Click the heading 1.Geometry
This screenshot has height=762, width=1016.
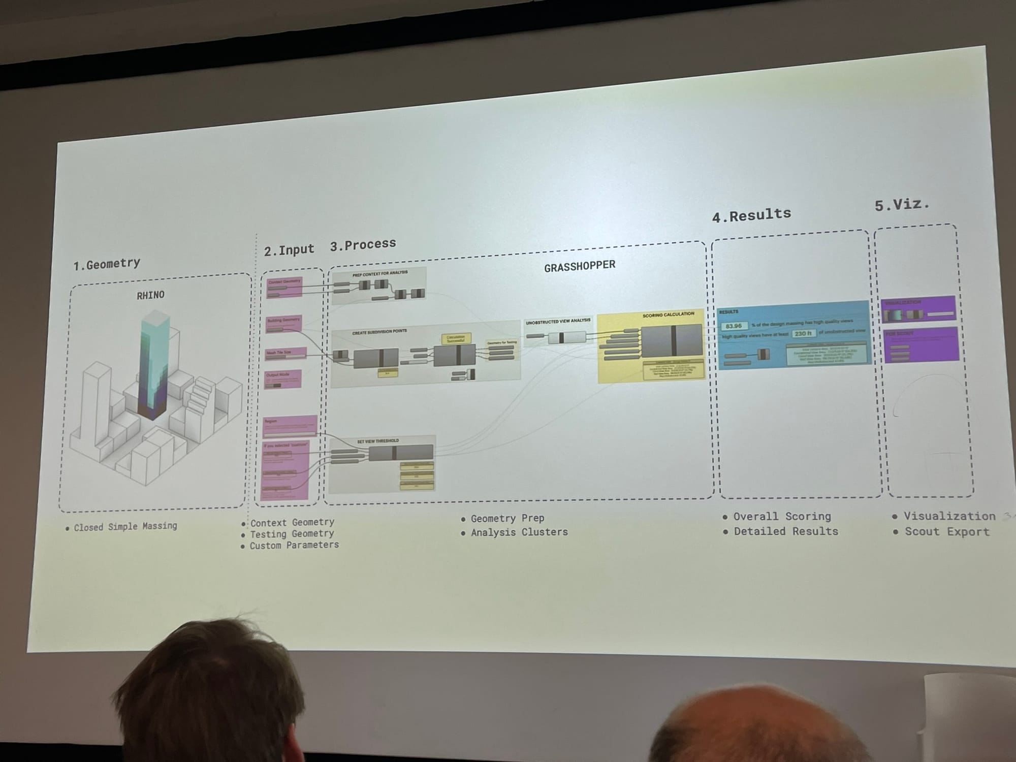(107, 264)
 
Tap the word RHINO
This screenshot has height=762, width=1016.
(150, 295)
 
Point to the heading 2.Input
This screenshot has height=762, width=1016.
(289, 250)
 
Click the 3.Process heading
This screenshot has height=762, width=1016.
(363, 245)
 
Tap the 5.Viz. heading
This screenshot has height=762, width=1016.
(902, 205)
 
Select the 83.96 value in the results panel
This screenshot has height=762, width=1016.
(734, 326)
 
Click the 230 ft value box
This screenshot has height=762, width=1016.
(803, 333)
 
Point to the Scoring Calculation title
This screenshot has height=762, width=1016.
(668, 315)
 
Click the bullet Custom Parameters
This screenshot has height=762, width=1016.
(294, 545)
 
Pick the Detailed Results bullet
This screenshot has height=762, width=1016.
(785, 531)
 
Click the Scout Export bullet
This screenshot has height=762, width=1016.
(946, 532)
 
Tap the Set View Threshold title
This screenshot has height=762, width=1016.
(377, 441)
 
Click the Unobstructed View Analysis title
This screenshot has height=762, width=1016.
(558, 322)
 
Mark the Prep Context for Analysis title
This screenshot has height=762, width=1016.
(380, 273)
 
